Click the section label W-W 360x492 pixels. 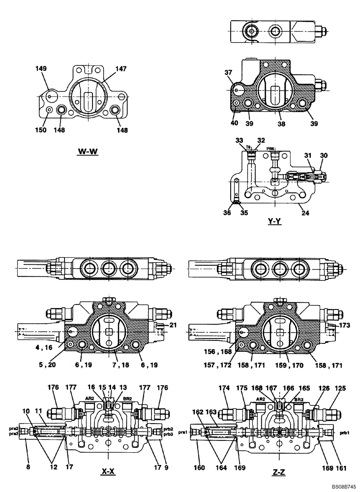(x=88, y=151)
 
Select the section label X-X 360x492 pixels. (x=108, y=472)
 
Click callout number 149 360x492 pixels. (x=41, y=69)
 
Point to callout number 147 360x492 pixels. (x=121, y=69)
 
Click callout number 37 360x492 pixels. (x=228, y=73)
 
